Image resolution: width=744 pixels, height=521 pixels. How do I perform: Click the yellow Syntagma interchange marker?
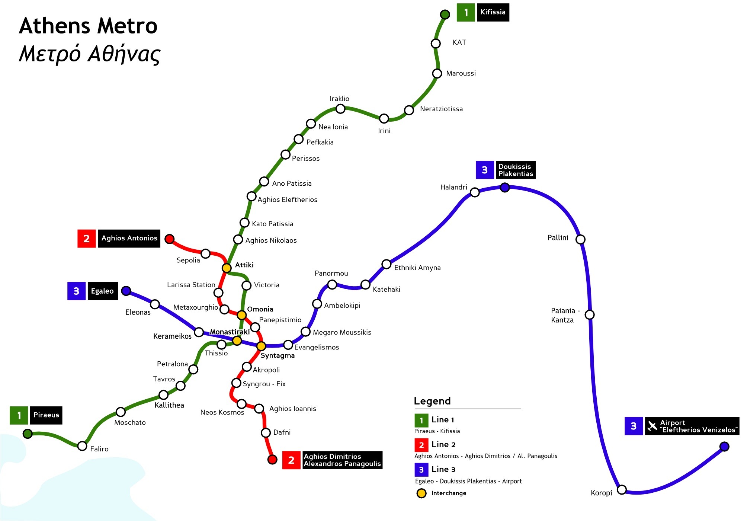[261, 346]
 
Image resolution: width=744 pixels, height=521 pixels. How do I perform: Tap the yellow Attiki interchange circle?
[227, 268]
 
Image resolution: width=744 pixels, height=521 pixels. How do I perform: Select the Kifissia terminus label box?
[493, 12]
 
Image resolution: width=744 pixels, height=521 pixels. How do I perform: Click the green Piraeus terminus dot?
[28, 434]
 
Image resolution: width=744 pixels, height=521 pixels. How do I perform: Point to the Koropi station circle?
[622, 489]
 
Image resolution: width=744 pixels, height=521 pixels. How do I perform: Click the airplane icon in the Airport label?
[652, 426]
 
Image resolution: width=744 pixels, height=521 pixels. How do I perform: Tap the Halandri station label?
[453, 187]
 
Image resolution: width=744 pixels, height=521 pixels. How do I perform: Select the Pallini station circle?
[580, 239]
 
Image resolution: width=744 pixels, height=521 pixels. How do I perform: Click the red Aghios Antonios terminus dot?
[169, 239]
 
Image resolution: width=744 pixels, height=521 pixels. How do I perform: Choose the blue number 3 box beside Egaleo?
[76, 291]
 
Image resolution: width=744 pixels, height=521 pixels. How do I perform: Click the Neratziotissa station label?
[441, 109]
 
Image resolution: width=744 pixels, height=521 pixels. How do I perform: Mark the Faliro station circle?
[82, 446]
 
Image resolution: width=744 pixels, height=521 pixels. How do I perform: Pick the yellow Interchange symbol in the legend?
[421, 493]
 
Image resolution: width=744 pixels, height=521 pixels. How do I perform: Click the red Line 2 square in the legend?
[421, 445]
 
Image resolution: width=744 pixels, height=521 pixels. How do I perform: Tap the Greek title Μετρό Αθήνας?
[89, 54]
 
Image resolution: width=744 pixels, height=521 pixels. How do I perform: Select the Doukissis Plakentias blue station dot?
[505, 188]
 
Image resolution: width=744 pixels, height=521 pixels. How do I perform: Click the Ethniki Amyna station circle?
[387, 264]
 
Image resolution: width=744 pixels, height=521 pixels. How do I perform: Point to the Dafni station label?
[282, 432]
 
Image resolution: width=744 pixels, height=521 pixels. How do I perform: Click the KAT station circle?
[436, 44]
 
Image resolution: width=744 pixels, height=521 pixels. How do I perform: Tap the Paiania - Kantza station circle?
[590, 315]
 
